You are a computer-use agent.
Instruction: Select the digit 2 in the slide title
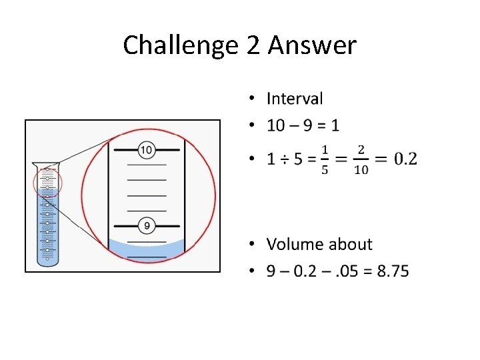(x=255, y=45)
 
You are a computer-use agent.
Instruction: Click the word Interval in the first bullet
(x=295, y=99)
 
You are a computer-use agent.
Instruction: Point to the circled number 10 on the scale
(x=147, y=150)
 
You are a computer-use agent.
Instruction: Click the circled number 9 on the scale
(x=147, y=225)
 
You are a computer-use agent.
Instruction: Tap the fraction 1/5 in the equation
(x=325, y=159)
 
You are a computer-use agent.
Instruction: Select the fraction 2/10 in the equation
(x=361, y=159)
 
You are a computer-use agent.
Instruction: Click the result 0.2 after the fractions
(x=405, y=159)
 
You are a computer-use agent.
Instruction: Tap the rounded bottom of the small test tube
(x=48, y=262)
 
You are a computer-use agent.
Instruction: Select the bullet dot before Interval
(x=252, y=99)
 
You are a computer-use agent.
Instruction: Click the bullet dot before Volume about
(x=252, y=245)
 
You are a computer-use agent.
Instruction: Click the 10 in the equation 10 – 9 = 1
(x=276, y=125)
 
